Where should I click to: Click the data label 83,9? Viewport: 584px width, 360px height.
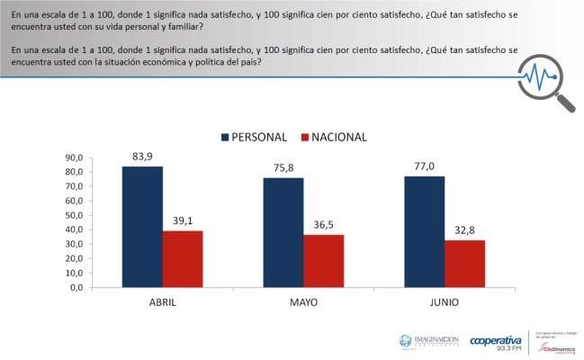pos(142,157)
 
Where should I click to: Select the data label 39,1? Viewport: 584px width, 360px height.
pos(183,222)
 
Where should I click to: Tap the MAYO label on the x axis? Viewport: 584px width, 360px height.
pos(302,303)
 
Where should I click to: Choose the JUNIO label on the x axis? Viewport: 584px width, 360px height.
pos(444,303)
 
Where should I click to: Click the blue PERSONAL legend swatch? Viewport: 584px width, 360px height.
pos(226,138)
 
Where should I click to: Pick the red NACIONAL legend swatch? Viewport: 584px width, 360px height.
pos(306,138)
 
